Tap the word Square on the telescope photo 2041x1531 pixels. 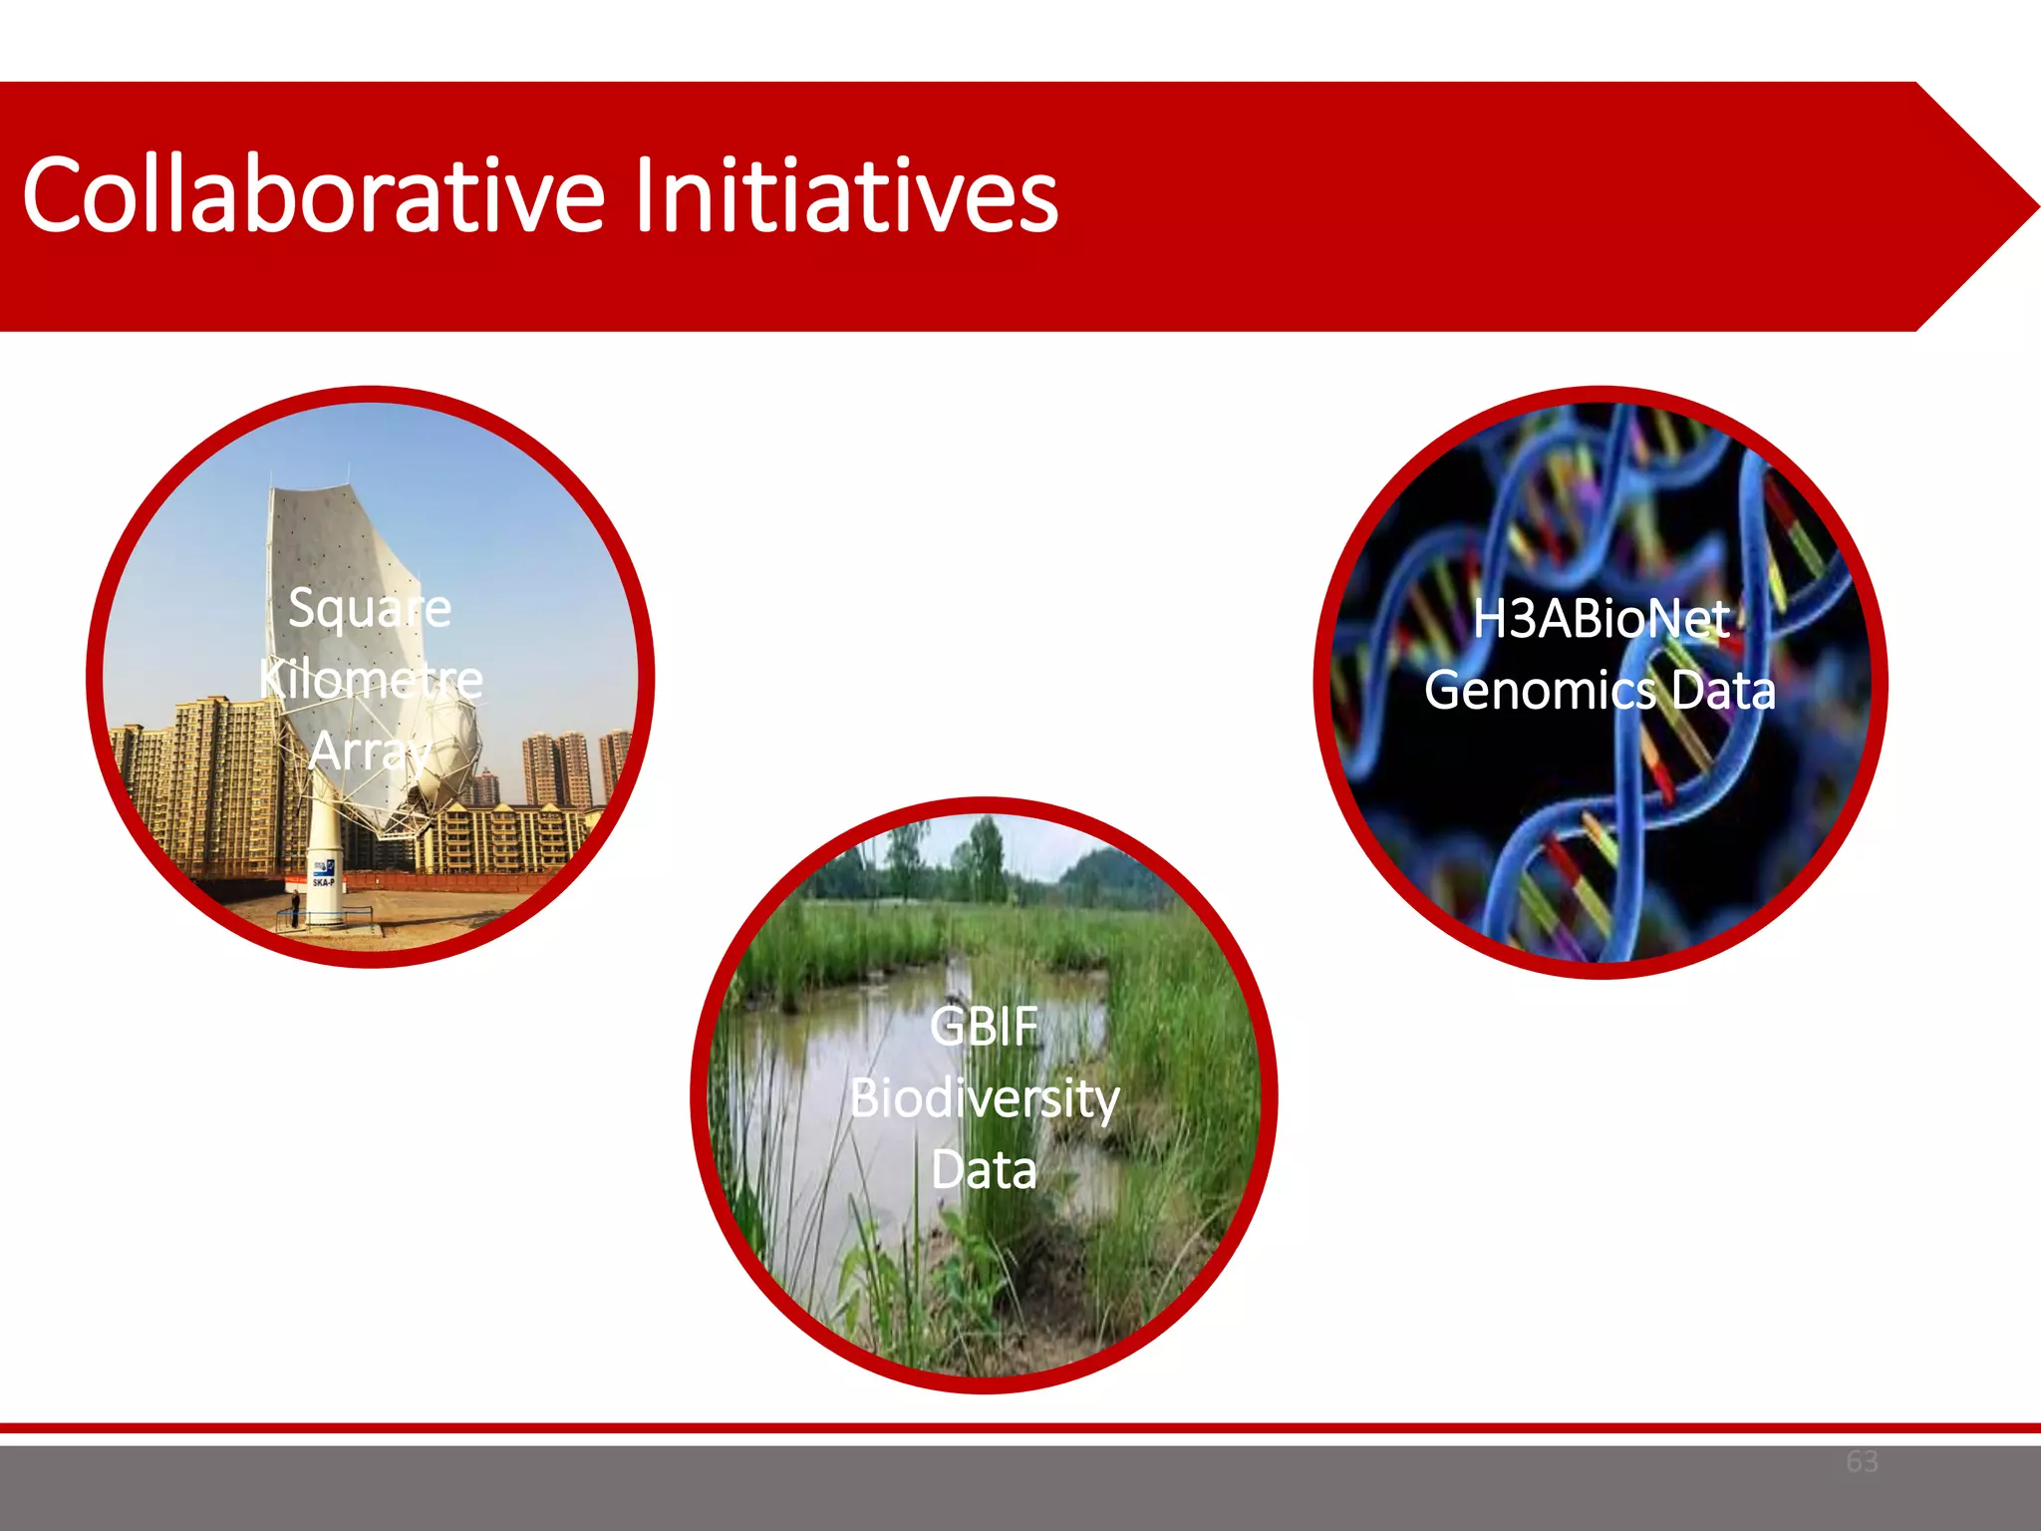tap(370, 608)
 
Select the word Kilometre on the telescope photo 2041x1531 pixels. tap(371, 680)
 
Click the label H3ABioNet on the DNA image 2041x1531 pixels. tap(1601, 619)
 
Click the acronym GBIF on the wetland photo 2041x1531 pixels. tap(984, 1027)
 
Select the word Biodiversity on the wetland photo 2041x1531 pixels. tap(985, 1098)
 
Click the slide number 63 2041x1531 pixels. tap(1862, 1461)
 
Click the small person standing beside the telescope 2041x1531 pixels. tap(295, 908)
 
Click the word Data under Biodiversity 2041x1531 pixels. tap(984, 1170)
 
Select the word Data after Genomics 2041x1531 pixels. tap(1723, 691)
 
